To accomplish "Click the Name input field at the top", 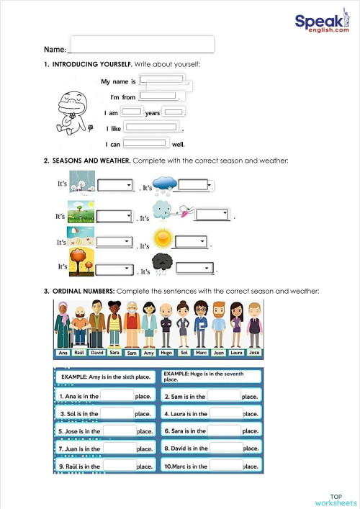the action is tap(142, 44).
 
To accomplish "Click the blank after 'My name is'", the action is tap(161, 79).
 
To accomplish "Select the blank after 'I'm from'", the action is tap(158, 95).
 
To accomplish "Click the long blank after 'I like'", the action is tap(152, 127).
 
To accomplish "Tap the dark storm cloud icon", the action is tap(162, 264).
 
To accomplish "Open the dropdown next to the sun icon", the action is tap(192, 241).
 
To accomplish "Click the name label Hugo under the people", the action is tap(166, 353).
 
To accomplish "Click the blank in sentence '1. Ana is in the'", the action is tap(117, 395).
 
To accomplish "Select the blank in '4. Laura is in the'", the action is tap(225, 413).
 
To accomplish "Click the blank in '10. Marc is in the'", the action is tap(225, 466).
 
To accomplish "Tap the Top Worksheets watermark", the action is tap(336, 500).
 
